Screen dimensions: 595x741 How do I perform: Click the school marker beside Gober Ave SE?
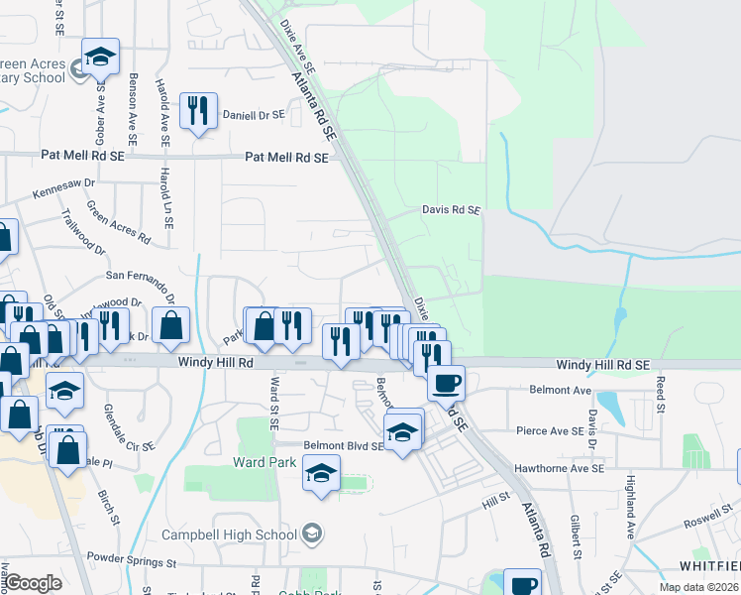pos(100,59)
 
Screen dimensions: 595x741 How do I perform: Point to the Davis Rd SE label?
pos(451,210)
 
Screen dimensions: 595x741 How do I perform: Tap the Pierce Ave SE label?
pos(550,431)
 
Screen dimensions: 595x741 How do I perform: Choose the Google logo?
pos(33,583)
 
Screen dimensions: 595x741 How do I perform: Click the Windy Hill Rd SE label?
pos(602,365)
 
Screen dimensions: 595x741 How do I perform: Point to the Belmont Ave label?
pos(560,391)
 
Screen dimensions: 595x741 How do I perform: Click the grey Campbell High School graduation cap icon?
pos(313,535)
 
